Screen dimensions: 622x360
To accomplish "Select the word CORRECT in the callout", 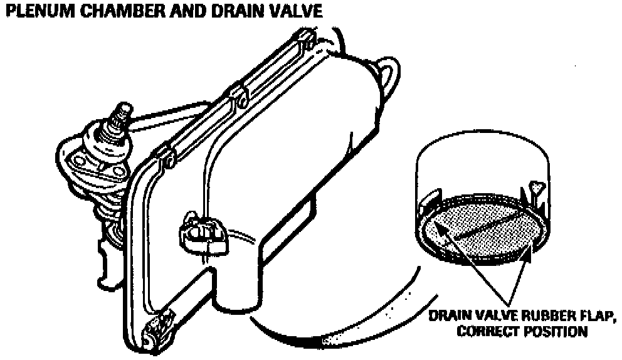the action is point(488,331).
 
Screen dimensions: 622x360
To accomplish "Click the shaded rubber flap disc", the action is point(480,232).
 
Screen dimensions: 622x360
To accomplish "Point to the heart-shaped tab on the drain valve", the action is point(534,187).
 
